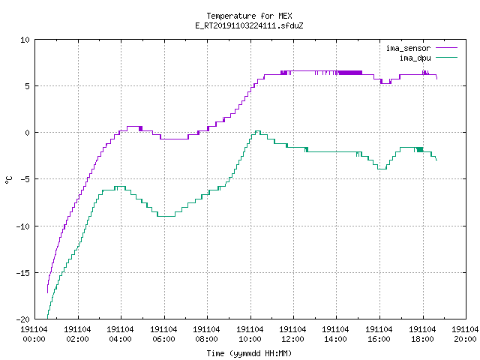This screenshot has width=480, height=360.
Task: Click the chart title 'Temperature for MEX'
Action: point(249,16)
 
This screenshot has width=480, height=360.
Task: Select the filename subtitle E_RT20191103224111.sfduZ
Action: point(249,25)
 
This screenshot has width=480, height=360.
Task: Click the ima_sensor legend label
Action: point(408,48)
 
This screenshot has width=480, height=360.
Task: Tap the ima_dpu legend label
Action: point(415,58)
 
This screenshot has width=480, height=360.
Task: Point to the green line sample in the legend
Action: point(446,58)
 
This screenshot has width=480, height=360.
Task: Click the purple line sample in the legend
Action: point(446,48)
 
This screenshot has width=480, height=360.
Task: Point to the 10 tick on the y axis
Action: point(25,40)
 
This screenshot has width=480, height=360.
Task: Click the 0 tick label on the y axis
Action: point(28,133)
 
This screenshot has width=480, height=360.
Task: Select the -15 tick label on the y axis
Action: point(23,272)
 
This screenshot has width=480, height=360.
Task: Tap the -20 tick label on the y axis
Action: point(23,319)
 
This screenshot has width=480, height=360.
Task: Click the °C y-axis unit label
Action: point(8,180)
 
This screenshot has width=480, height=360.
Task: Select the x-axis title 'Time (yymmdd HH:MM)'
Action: point(249,353)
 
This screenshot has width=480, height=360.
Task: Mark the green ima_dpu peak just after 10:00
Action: point(258,131)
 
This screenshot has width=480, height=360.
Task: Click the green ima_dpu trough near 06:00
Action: point(166,217)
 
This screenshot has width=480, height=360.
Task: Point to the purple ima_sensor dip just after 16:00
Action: point(385,83)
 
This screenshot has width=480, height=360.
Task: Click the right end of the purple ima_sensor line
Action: point(436,79)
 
